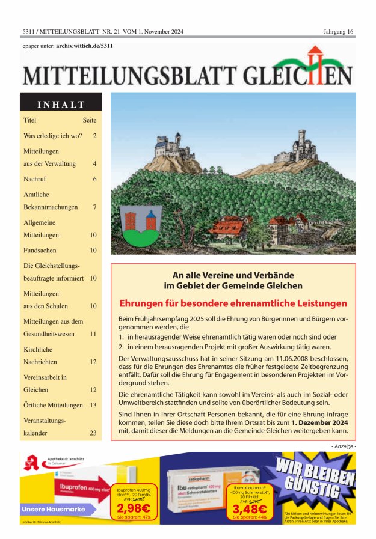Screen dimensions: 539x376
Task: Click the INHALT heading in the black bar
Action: pyautogui.click(x=61, y=104)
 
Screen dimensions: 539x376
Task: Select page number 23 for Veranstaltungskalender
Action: pyautogui.click(x=93, y=433)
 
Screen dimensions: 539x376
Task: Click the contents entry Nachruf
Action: pyautogui.click(x=35, y=179)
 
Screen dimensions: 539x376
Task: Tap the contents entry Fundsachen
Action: pyautogui.click(x=41, y=250)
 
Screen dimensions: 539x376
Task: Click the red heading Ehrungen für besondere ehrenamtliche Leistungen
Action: pyautogui.click(x=233, y=303)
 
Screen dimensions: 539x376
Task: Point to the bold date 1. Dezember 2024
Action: pyautogui.click(x=319, y=422)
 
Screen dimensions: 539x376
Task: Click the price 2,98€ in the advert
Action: pyautogui.click(x=134, y=507)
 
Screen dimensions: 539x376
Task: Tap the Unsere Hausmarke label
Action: pyautogui.click(x=51, y=510)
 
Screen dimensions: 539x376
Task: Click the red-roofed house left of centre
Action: pyautogui.click(x=229, y=227)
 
